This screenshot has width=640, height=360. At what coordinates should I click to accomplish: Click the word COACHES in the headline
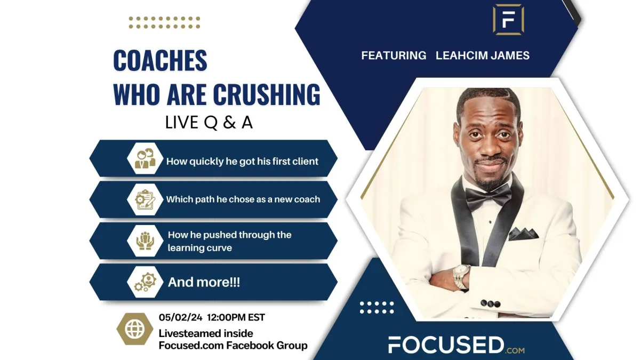[x=160, y=60]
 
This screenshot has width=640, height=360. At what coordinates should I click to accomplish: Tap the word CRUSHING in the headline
[x=267, y=94]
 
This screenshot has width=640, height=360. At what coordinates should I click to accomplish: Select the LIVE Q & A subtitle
[x=209, y=123]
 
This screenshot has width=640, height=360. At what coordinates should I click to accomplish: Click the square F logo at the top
[x=508, y=20]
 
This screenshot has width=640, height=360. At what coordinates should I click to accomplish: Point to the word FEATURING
[x=394, y=55]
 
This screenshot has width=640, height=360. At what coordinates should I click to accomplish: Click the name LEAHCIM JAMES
[x=483, y=55]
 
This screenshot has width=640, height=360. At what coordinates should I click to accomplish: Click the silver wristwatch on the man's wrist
[x=461, y=276]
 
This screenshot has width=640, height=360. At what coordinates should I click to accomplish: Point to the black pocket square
[x=523, y=234]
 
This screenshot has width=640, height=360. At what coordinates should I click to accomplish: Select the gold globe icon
[x=134, y=329]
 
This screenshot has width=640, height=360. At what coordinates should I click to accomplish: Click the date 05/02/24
[x=181, y=317]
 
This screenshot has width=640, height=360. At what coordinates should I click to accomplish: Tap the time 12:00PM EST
[x=236, y=317]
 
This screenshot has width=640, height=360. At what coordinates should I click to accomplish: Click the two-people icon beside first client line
[x=145, y=158]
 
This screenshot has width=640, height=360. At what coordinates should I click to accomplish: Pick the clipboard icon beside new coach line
[x=145, y=199]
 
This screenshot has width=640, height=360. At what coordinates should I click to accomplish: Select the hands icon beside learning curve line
[x=145, y=241]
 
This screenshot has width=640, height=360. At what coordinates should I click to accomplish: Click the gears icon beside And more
[x=146, y=282]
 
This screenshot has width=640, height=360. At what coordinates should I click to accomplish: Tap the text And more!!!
[x=204, y=282]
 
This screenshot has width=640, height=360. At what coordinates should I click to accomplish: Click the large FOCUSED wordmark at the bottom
[x=446, y=345]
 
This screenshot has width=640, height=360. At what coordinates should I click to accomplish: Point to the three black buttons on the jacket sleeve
[x=490, y=303]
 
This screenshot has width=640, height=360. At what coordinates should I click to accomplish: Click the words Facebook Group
[x=267, y=346]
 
